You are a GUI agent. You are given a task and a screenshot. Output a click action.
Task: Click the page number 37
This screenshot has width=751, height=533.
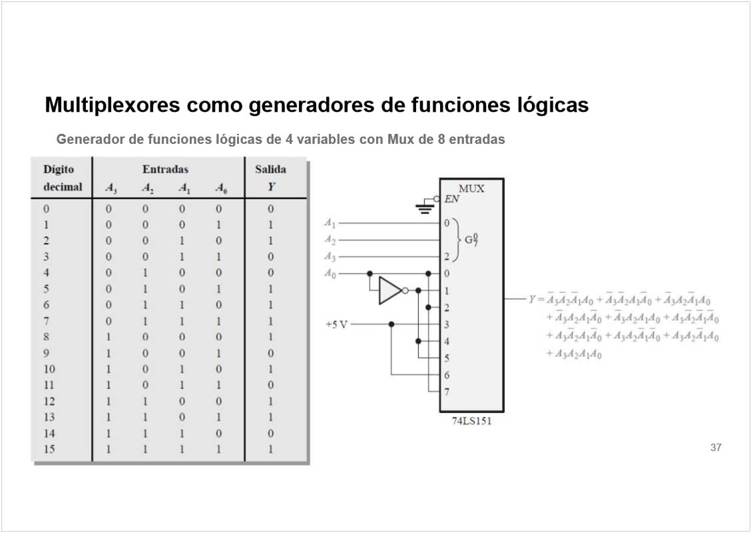coord(716,448)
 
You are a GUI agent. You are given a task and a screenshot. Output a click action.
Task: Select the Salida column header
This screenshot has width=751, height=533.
coord(270,169)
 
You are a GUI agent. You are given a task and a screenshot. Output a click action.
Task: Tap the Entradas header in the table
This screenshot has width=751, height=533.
coord(165,169)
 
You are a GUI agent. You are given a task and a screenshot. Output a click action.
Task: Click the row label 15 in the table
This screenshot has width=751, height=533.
coord(49,449)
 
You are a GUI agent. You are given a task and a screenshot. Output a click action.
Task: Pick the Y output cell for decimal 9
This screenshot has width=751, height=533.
coord(270,353)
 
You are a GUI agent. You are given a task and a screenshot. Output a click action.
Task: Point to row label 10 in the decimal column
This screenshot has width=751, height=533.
coord(49,369)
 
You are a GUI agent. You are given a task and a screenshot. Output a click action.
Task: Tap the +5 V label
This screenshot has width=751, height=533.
coord(336,324)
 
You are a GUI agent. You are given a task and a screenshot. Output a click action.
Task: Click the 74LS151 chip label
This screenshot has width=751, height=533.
coord(471,422)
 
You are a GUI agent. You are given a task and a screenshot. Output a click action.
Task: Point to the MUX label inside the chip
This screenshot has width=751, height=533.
coord(471,189)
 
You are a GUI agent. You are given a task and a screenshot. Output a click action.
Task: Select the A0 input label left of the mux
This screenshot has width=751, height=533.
coord(330,273)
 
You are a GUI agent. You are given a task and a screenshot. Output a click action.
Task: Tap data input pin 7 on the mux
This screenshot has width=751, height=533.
coord(447,392)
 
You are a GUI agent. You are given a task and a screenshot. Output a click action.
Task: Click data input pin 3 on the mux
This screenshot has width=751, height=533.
coord(447,324)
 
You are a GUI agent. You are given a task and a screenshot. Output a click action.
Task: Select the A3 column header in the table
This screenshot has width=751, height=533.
coord(111,189)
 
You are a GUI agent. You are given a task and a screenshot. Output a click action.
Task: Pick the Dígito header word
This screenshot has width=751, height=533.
coord(59,169)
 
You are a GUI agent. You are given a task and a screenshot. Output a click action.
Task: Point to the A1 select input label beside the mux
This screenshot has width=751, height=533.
coord(330,223)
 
